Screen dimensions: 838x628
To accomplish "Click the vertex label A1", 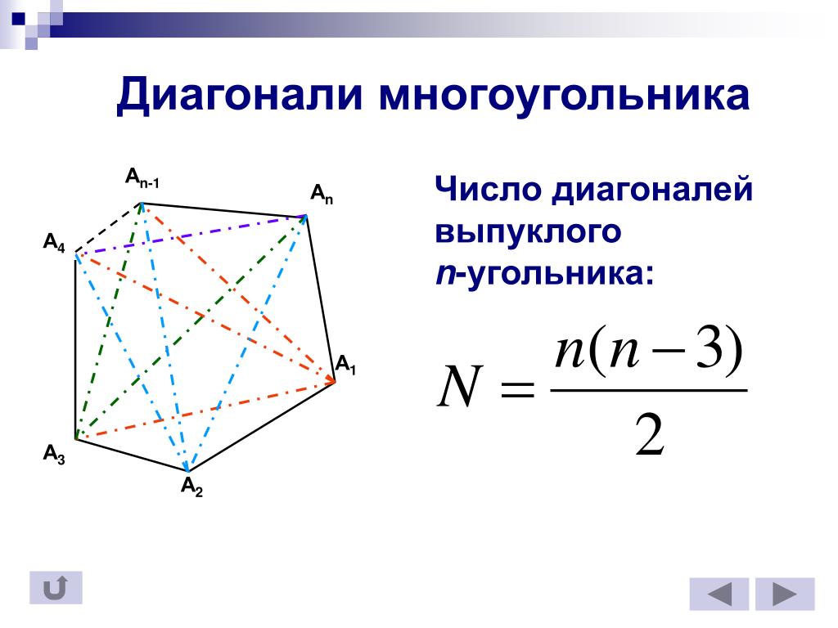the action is coord(345,366).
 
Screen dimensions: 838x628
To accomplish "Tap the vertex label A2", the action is coord(191,487).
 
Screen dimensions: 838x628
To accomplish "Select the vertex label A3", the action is coord(54,455).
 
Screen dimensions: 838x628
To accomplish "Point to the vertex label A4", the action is coord(54,243).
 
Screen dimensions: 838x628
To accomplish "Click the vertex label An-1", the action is coord(142,177).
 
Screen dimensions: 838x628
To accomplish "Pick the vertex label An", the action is coord(322,195).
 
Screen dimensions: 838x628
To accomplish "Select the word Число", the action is coord(488,189).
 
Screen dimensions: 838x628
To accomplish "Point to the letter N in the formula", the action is coord(460,386).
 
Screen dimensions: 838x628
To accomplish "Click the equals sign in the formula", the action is coord(517,389).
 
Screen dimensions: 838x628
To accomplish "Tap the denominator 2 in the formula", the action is coord(650,435).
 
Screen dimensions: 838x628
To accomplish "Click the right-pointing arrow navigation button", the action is coord(785,594).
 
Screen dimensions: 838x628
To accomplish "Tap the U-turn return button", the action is coord(56,588).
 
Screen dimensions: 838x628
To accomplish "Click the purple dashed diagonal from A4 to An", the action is coord(191,235).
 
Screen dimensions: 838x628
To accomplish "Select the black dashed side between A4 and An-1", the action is coord(109,227).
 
